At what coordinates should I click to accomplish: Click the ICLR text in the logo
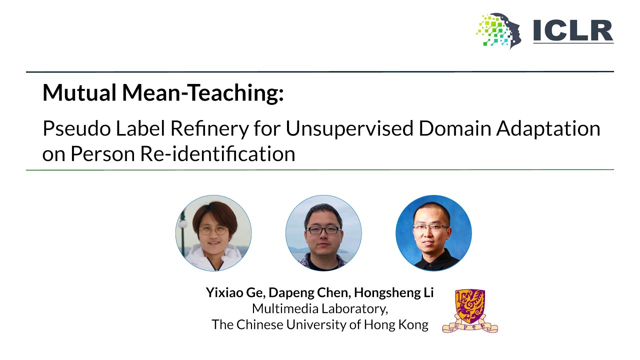pyautogui.click(x=573, y=31)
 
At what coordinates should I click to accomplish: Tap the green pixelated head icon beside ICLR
pyautogui.click(x=499, y=30)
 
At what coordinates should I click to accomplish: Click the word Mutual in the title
pyautogui.click(x=79, y=92)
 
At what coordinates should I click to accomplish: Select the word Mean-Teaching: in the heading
pyautogui.click(x=203, y=93)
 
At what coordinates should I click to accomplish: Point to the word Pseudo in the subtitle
pyautogui.click(x=76, y=128)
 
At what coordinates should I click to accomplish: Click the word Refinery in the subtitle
pyautogui.click(x=209, y=129)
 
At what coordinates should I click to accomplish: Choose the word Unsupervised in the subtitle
pyautogui.click(x=349, y=129)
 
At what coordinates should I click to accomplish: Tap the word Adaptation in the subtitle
pyautogui.click(x=548, y=129)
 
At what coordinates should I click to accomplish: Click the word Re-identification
pyautogui.click(x=217, y=153)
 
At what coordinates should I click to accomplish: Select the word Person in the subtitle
pyautogui.click(x=102, y=153)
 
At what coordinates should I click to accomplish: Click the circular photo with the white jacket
pyautogui.click(x=213, y=233)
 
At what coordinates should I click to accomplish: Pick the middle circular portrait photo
pyautogui.click(x=323, y=233)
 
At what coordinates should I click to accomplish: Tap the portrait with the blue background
pyautogui.click(x=433, y=233)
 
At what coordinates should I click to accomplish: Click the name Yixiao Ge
pyautogui.click(x=236, y=292)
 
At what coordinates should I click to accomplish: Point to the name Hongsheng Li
pyautogui.click(x=393, y=293)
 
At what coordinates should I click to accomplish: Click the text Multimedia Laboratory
pyautogui.click(x=319, y=309)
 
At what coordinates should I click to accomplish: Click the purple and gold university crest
pyautogui.click(x=470, y=311)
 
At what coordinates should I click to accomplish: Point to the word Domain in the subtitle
pyautogui.click(x=454, y=128)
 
